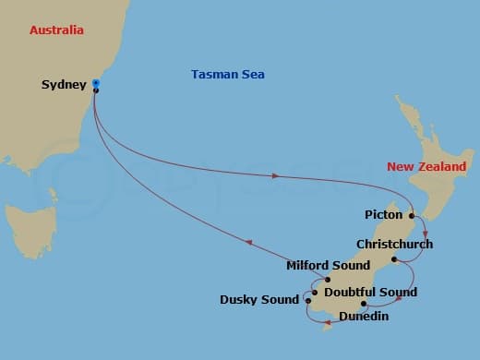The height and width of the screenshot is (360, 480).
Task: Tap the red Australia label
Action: tap(56, 30)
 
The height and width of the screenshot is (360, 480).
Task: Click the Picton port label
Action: tap(384, 215)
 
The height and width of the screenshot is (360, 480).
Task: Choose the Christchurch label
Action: tap(394, 245)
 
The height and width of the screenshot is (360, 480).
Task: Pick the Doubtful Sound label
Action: tap(371, 293)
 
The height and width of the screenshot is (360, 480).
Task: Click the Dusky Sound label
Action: tap(259, 299)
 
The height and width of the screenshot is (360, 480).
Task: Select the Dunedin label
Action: tap(364, 317)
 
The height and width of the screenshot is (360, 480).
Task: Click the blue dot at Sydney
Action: tap(96, 84)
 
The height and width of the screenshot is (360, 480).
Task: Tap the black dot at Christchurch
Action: tap(394, 259)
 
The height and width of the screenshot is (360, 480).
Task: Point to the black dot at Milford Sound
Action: tap(327, 279)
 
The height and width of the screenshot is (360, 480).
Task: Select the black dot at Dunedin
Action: tap(364, 304)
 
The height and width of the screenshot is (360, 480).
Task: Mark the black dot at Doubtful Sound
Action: tap(315, 294)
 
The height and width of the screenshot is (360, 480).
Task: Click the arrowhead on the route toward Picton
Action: tap(276, 175)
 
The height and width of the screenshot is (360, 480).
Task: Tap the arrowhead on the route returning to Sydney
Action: tap(248, 244)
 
